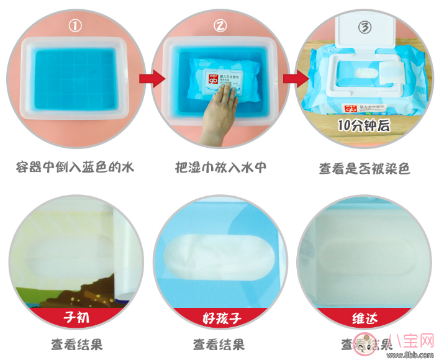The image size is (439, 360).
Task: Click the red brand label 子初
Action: (75, 319)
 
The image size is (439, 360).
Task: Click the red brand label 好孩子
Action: (219, 319)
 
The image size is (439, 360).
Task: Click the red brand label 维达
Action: (364, 319)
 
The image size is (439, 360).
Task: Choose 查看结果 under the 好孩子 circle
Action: (219, 343)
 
